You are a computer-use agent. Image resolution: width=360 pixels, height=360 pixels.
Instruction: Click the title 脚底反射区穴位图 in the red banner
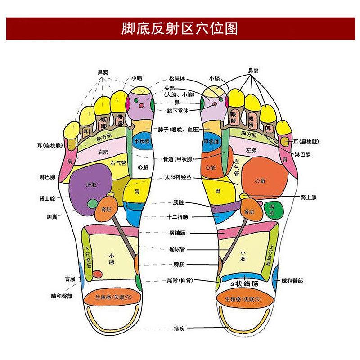point(180,28)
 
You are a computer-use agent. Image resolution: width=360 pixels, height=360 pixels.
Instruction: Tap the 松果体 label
point(177,78)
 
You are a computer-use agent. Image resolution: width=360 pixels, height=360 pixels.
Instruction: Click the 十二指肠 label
point(177,217)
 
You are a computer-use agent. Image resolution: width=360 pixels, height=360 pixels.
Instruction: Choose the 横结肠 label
point(177,233)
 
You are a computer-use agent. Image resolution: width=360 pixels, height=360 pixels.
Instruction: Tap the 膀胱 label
point(177,264)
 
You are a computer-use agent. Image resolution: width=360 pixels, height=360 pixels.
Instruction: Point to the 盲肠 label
point(70,279)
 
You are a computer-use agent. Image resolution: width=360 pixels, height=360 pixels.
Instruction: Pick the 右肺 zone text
point(103,152)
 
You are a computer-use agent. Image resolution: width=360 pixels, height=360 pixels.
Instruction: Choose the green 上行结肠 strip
point(270,254)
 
